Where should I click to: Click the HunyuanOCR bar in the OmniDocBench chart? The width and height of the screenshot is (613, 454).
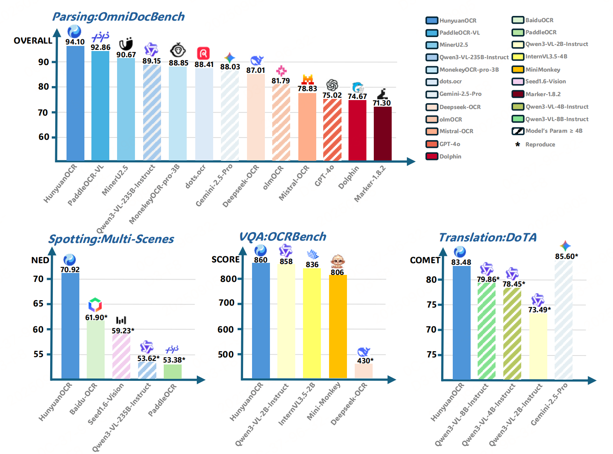pyautogui.click(x=75, y=103)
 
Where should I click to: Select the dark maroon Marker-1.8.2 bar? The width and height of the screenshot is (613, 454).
pyautogui.click(x=383, y=133)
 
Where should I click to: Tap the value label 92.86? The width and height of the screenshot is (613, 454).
pyautogui.click(x=100, y=47)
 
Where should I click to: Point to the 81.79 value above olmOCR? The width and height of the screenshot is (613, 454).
pyautogui.click(x=281, y=81)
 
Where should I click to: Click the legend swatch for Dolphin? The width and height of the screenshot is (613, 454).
pyautogui.click(x=432, y=157)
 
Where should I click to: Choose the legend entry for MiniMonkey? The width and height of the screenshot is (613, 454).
pyautogui.click(x=543, y=70)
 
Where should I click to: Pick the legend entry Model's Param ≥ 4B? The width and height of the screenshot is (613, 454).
pyautogui.click(x=554, y=131)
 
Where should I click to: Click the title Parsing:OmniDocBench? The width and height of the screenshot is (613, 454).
pyautogui.click(x=118, y=17)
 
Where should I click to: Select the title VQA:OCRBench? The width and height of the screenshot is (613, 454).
pyautogui.click(x=282, y=237)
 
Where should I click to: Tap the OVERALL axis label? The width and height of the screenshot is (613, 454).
pyautogui.click(x=33, y=40)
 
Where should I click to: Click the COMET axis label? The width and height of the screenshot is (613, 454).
pyautogui.click(x=425, y=260)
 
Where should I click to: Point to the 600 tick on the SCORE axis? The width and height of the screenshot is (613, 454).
pyautogui.click(x=226, y=329)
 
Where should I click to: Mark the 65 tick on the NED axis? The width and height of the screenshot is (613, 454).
pyautogui.click(x=38, y=304)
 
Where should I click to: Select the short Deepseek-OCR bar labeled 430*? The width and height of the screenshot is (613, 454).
pyautogui.click(x=364, y=371)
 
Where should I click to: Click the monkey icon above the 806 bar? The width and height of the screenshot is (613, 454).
pyautogui.click(x=338, y=260)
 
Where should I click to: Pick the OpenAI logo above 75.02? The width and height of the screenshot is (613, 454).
pyautogui.click(x=332, y=84)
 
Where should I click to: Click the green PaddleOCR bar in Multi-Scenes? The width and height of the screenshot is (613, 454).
pyautogui.click(x=173, y=371)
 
